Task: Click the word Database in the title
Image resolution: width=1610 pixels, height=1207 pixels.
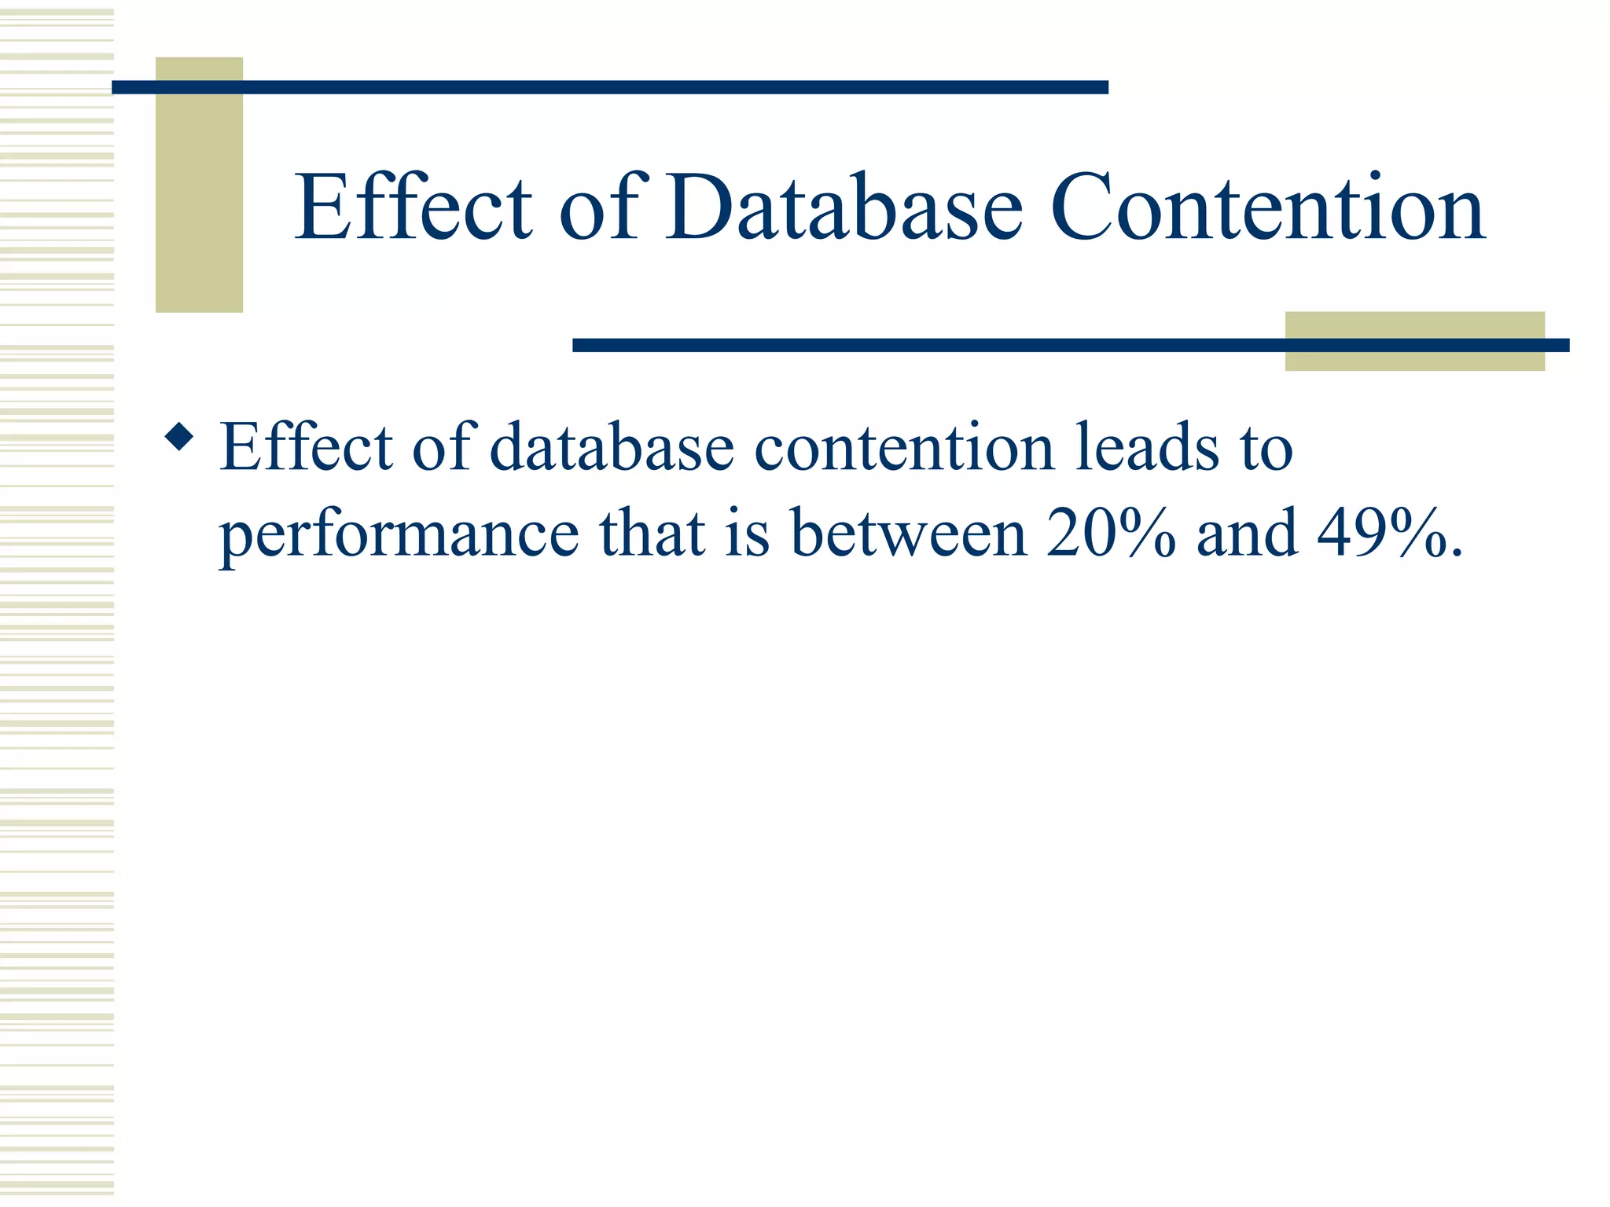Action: [845, 208]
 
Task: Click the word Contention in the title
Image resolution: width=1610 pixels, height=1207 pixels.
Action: [1267, 208]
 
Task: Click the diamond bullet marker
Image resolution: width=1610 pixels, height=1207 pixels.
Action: [180, 437]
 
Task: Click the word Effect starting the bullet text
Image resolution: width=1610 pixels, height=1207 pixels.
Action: [305, 448]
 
